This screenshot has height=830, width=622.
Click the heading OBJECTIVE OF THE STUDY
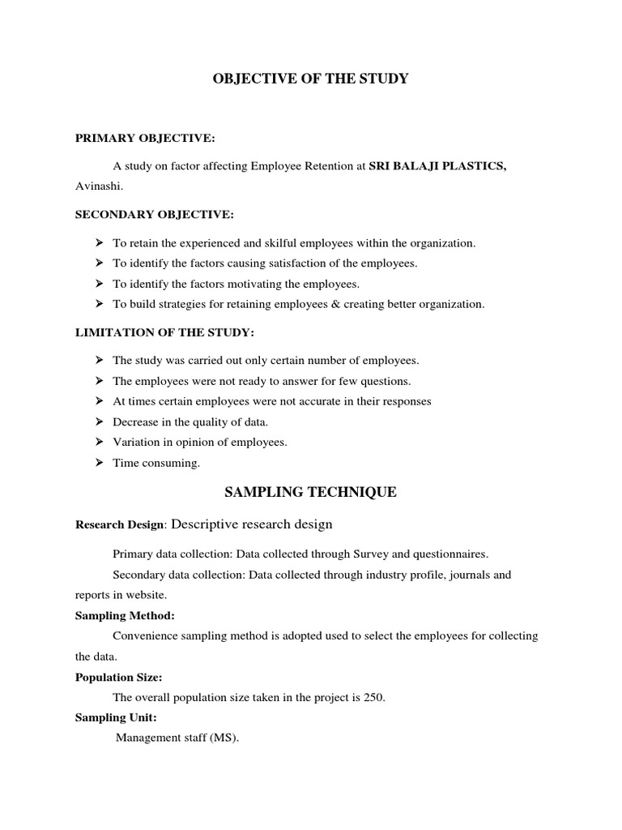click(x=311, y=79)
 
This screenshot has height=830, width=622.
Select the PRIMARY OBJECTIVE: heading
click(x=145, y=139)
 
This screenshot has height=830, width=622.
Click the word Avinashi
click(x=96, y=187)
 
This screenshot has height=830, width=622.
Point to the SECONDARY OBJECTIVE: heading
click(x=154, y=215)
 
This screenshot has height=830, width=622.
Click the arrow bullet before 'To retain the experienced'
click(x=99, y=242)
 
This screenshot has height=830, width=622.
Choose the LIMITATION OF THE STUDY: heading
click(x=164, y=332)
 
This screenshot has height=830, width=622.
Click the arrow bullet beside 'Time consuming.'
click(x=99, y=463)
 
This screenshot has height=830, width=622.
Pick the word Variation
click(x=134, y=443)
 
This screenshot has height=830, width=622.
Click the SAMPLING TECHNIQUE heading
click(x=310, y=492)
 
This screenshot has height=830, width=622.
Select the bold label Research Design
click(x=120, y=524)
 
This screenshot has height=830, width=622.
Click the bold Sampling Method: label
click(x=125, y=616)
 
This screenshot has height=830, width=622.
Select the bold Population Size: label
click(x=123, y=677)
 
